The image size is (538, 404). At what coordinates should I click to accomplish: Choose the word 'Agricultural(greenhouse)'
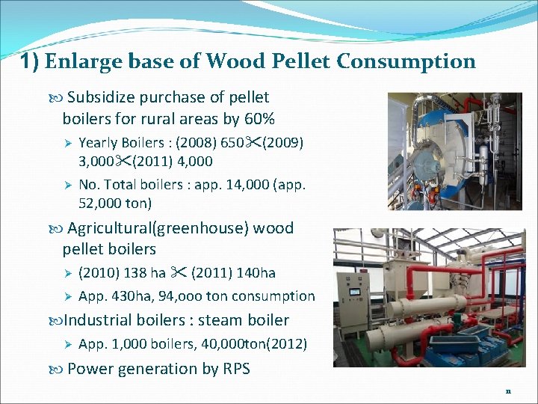point(158,228)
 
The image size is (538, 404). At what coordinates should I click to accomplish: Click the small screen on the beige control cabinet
point(355,290)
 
